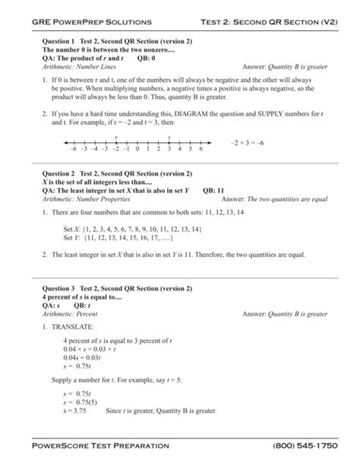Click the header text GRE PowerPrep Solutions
[91, 22]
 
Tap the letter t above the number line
[168, 137]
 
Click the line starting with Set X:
[132, 228]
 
